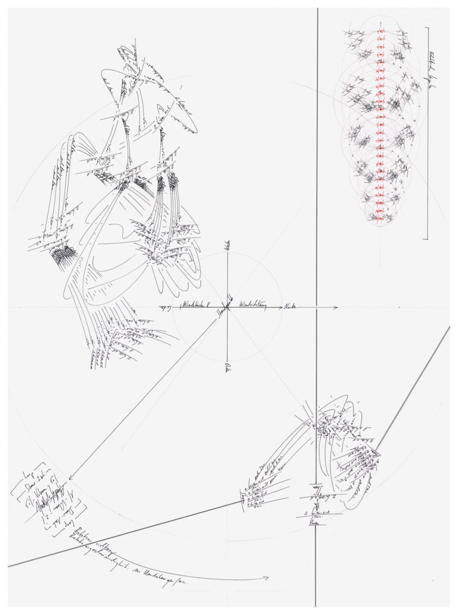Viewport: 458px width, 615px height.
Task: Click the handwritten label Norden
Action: tap(290, 306)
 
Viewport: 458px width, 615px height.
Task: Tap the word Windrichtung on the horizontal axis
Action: tap(253, 305)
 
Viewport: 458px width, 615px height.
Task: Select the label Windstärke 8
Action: tap(196, 305)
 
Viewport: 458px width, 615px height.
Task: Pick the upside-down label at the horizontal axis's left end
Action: tap(165, 307)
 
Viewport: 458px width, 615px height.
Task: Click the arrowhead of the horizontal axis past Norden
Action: tap(336, 308)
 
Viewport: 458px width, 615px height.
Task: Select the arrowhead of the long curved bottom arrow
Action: tap(267, 577)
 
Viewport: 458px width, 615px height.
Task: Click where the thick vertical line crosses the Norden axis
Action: tap(317, 308)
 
